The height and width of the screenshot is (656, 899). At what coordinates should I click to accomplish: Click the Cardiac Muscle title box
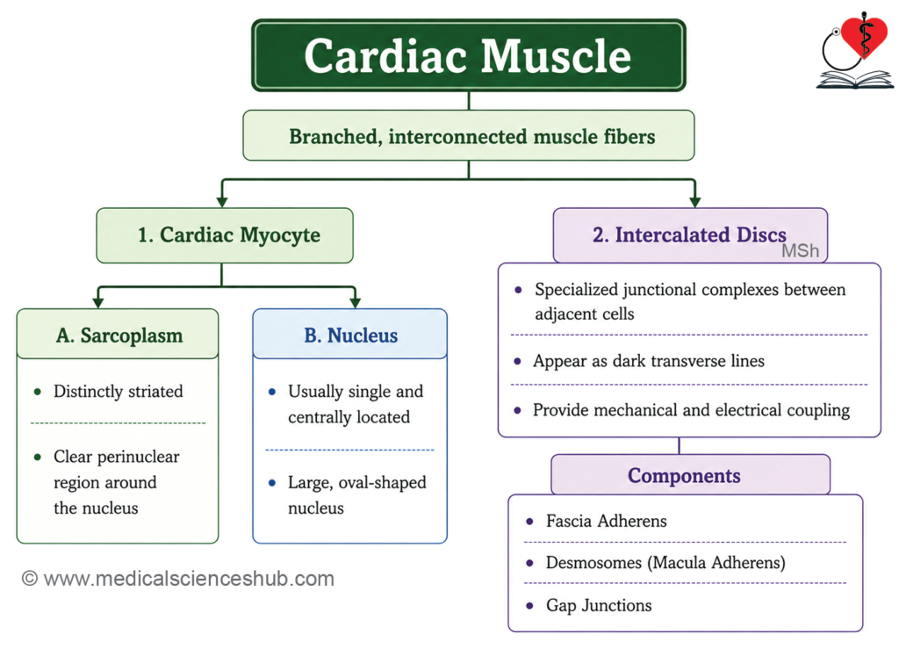(469, 55)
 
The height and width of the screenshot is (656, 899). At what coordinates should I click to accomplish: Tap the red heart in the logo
(864, 35)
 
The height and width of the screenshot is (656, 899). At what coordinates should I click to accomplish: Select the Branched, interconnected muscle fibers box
(469, 136)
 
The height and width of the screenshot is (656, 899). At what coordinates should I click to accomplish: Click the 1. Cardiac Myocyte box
(225, 235)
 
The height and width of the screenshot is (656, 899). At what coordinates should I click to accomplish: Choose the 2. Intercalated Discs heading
(690, 234)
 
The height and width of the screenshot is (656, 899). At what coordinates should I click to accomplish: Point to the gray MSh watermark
(801, 250)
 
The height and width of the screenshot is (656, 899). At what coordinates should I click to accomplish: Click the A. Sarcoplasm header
(118, 335)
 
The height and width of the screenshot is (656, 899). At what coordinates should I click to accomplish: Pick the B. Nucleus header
(349, 335)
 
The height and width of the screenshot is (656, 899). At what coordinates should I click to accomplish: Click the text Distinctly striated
(119, 392)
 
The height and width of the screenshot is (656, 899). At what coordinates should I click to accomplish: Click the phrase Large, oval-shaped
(356, 483)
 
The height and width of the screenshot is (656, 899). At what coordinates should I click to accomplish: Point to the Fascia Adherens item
(606, 522)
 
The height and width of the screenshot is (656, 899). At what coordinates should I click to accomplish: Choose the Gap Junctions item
(599, 606)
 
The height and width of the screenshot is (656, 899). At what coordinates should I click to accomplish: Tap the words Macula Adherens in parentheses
(716, 563)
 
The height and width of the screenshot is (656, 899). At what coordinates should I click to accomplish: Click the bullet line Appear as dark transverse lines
(649, 361)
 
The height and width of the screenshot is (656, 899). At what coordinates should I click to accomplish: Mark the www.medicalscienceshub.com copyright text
(177, 579)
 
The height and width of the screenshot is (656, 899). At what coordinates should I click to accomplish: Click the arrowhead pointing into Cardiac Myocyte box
(222, 201)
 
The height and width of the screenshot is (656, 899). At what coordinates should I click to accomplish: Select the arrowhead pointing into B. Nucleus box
(355, 302)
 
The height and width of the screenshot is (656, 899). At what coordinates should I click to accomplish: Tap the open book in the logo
(854, 80)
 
